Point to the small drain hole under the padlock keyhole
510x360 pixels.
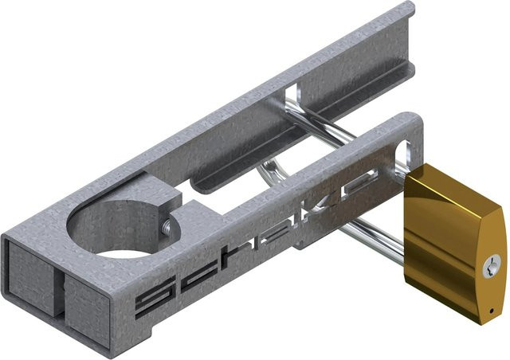[492, 311]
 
